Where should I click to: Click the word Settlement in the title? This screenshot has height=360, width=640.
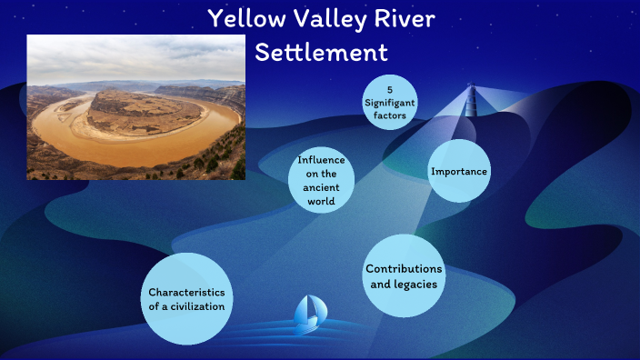coord(321,52)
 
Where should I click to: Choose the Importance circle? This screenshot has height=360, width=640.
coord(459,171)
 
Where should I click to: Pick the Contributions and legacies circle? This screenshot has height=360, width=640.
coord(403,276)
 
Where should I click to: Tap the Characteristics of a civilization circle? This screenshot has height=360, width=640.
coord(186,299)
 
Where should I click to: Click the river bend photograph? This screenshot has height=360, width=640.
coord(136,107)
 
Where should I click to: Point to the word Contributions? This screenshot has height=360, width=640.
coord(404,269)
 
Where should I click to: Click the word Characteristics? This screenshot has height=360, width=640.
coord(186,292)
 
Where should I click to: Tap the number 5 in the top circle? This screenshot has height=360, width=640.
coord(389,89)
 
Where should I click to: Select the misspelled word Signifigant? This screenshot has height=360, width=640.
coord(389,104)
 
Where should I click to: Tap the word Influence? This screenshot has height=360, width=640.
coord(321,161)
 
